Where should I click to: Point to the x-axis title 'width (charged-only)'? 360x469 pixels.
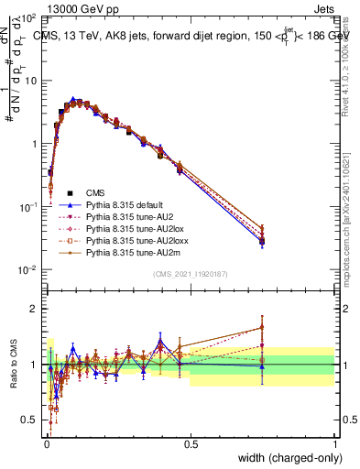click(287, 458)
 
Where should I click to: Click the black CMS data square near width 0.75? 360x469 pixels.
click(262, 241)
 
